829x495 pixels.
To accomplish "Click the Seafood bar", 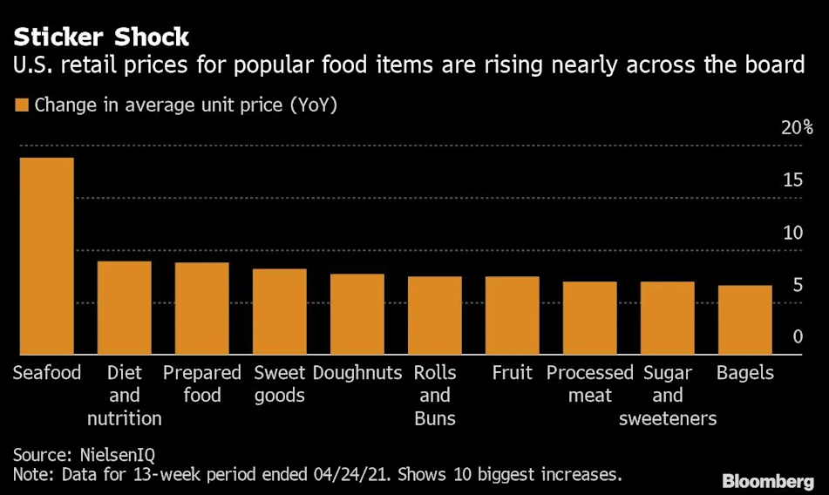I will tap(46, 256).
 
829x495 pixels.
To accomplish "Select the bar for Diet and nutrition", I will tap(124, 308).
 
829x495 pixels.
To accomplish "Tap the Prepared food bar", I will tap(201, 309).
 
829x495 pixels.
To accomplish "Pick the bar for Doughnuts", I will tap(357, 315).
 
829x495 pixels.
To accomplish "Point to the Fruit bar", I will tap(512, 315).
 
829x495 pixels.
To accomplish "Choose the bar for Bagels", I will tap(744, 320).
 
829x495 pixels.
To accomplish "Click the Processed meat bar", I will tap(589, 318).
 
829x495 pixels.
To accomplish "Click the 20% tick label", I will tap(797, 128).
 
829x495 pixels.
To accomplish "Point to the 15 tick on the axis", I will tap(792, 180).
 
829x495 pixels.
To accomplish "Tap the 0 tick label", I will tap(798, 337).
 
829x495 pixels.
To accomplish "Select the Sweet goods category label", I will tap(280, 384).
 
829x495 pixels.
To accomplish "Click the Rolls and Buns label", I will tap(434, 396).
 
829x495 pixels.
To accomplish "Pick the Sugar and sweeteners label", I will tap(668, 396).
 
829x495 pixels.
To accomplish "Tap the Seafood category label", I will tap(47, 373).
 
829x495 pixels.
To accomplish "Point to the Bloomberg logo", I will tap(768, 481).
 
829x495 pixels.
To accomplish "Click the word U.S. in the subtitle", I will tap(31, 64).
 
